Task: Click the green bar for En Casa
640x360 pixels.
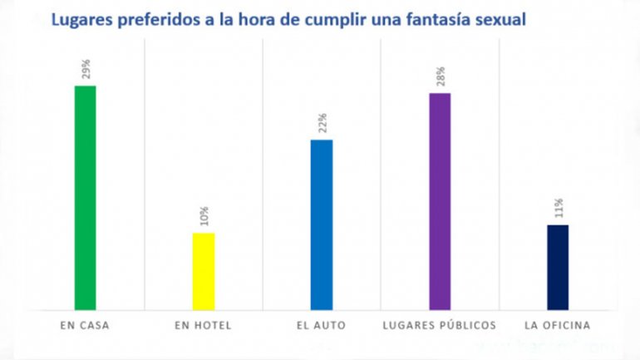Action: pos(86,198)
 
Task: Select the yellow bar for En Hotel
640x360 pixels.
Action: pos(204,271)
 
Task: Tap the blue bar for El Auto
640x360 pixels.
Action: pos(322,224)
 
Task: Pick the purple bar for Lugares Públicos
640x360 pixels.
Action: pos(440,201)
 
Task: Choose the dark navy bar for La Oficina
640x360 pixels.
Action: pos(558,267)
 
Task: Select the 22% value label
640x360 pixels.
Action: pos(322,124)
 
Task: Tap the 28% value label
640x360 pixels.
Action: pos(440,77)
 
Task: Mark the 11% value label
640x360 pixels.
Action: pos(559,209)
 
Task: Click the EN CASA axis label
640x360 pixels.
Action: pos(86,324)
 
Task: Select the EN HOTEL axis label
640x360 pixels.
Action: pos(204,324)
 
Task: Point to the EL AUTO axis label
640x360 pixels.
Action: pos(321,324)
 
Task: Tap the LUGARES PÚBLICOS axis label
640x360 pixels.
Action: pos(440,324)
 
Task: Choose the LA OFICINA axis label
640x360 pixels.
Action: pos(558,324)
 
